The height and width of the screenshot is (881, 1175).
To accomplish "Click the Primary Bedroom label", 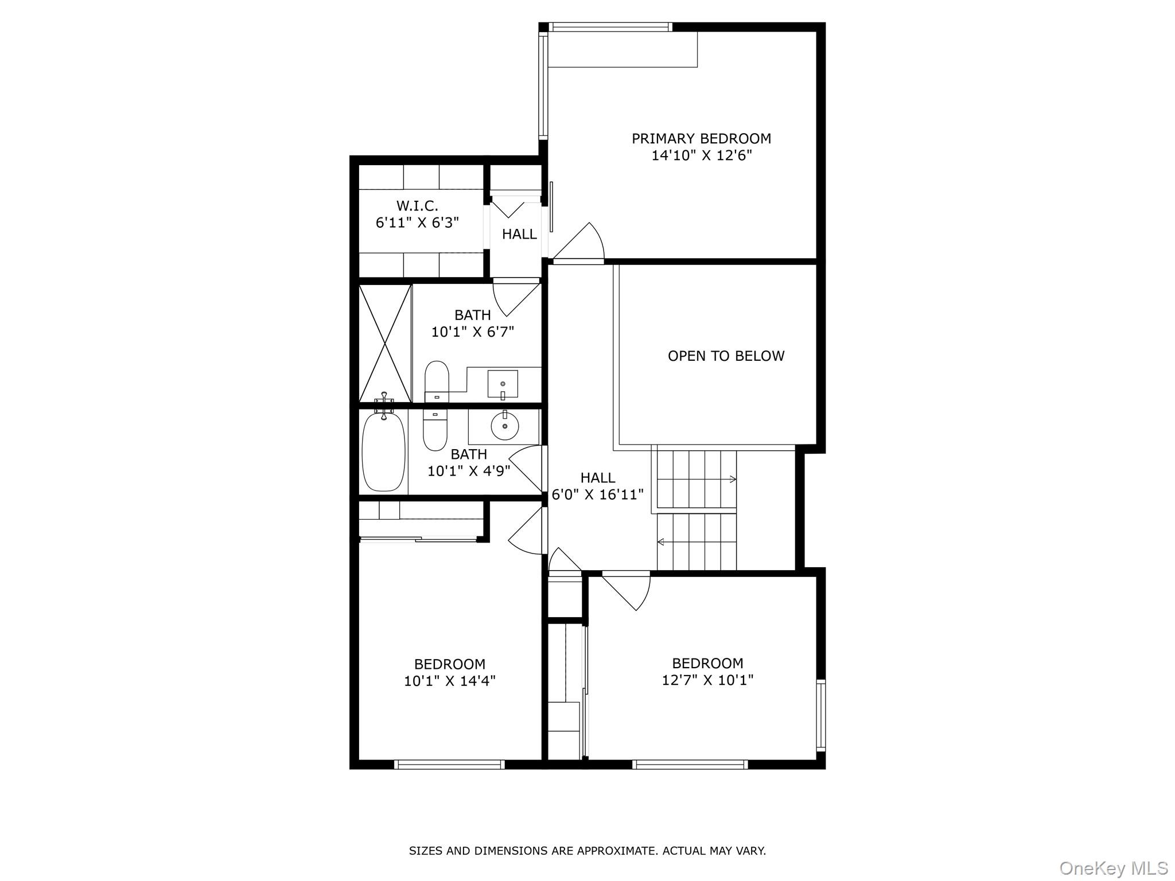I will [x=701, y=138].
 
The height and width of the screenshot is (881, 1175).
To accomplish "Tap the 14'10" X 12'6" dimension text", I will [x=701, y=155].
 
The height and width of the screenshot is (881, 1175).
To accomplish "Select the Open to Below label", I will [x=726, y=356].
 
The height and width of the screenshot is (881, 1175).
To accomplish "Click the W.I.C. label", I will [x=417, y=205].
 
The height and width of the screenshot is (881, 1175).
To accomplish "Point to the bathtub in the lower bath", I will [x=383, y=451].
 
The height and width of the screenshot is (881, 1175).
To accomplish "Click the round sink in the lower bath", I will [x=504, y=426].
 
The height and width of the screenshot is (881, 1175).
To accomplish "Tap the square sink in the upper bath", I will [x=503, y=384].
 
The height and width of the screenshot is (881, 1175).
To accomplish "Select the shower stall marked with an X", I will [x=385, y=343].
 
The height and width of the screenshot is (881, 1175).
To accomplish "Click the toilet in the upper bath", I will [x=437, y=380].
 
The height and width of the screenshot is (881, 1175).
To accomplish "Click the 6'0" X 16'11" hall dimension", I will [x=597, y=494].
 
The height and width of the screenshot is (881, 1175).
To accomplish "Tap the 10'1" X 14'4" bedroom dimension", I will [x=449, y=681].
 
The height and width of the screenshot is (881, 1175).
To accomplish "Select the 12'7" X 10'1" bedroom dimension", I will [x=707, y=680].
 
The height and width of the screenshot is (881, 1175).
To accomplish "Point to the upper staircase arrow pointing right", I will [x=732, y=479].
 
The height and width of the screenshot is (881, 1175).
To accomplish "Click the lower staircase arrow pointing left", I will [x=661, y=541].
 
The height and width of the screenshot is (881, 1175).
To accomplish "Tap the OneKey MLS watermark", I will [x=1113, y=868].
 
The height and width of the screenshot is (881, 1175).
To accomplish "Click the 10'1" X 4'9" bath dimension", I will [x=469, y=471].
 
